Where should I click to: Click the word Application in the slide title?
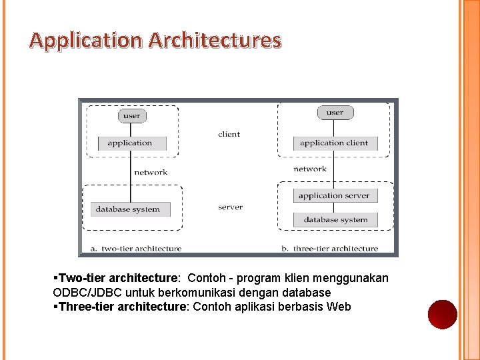coord(86,41)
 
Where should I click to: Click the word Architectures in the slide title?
coord(215,41)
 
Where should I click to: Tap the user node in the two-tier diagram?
coord(132,115)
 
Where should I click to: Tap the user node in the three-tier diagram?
coord(335,113)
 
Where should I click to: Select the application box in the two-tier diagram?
coord(130,143)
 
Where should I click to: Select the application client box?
coord(334,143)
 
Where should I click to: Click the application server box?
coord(334,195)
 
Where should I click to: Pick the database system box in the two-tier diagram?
coord(128,209)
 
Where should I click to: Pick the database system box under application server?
coord(335,219)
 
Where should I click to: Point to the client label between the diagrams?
coord(229,134)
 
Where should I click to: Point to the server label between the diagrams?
coord(230,207)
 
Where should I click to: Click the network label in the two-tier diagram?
coord(151,172)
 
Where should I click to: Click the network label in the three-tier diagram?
coord(310,169)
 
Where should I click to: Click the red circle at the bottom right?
coord(442,314)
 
